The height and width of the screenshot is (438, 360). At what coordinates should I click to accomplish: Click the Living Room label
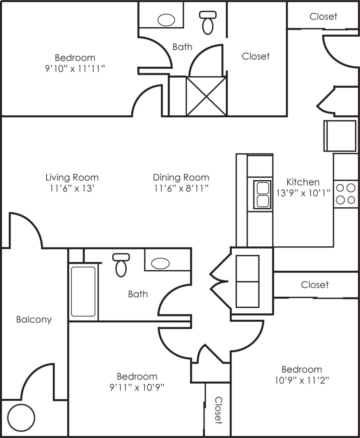72,178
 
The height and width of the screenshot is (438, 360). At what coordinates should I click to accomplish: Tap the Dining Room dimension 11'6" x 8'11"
181,188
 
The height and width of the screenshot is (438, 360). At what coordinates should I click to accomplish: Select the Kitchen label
303,182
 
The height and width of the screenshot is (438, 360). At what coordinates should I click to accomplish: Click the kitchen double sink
262,195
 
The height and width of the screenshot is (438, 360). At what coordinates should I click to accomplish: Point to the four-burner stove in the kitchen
346,194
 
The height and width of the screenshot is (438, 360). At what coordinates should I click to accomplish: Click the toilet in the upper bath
208,23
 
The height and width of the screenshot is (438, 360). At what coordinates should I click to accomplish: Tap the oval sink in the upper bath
166,20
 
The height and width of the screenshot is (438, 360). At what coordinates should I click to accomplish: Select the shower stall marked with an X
206,96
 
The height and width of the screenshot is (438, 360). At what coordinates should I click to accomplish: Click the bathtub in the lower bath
83,292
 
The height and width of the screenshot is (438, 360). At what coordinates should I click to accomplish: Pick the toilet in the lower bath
121,265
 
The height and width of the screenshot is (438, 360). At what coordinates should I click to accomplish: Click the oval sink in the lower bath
160,263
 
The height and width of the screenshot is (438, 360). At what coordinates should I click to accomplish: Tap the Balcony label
34,320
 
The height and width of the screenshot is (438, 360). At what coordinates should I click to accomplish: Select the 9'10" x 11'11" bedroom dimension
75,68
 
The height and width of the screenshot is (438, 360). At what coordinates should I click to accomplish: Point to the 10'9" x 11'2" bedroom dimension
302,380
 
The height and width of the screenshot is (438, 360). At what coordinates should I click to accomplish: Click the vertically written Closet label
218,410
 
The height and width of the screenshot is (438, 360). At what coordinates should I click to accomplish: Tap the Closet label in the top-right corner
323,16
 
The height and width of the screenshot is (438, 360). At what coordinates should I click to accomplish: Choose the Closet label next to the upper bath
256,56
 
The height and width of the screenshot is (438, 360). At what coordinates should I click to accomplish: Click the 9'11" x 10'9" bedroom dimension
137,387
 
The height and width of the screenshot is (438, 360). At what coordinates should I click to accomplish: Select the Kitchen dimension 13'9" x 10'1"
303,193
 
